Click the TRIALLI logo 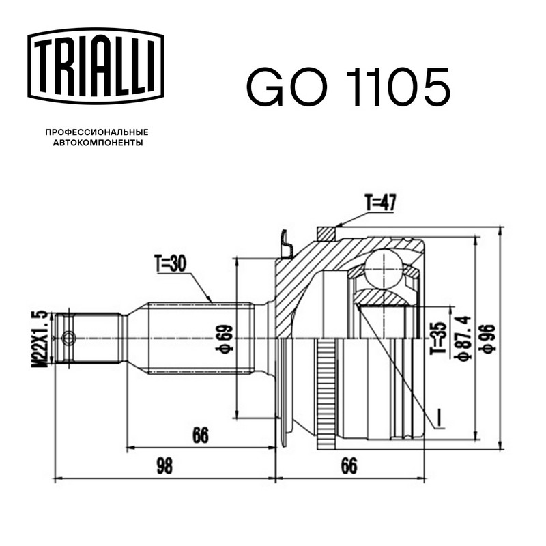[x=96, y=66]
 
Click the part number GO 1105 [x=348, y=87]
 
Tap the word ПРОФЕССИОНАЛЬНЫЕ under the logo [x=97, y=132]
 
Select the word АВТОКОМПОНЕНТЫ [x=98, y=143]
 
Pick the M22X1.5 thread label [x=40, y=339]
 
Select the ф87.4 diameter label [x=465, y=338]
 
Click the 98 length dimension [x=164, y=466]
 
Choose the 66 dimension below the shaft [x=201, y=435]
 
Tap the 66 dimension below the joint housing [x=349, y=466]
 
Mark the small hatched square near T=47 [x=326, y=233]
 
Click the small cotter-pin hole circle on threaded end [x=68, y=337]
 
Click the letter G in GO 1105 [x=266, y=87]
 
